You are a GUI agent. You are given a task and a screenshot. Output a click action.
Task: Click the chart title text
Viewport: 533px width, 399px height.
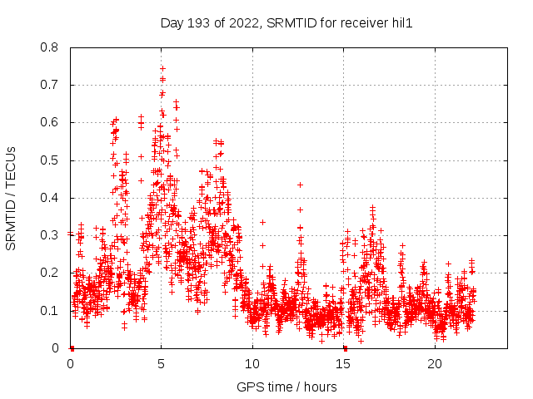[286, 23]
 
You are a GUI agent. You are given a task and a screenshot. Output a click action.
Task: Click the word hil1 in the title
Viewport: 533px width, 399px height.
[401, 23]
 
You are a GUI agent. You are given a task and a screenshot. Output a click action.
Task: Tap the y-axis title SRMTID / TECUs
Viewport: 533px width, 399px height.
[12, 198]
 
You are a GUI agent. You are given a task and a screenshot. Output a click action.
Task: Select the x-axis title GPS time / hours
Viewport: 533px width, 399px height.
[286, 387]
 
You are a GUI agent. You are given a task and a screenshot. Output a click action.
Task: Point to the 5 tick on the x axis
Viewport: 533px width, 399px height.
[162, 364]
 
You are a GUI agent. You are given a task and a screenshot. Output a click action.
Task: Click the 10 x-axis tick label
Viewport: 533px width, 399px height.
[252, 364]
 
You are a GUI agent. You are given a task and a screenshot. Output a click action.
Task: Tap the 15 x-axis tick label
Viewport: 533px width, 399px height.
[344, 364]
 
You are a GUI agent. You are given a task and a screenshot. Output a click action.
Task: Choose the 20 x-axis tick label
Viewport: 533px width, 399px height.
[435, 364]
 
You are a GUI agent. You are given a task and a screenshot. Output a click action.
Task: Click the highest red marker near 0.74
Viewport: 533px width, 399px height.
[162, 69]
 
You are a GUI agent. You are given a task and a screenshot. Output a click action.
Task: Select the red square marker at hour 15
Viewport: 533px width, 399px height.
[345, 347]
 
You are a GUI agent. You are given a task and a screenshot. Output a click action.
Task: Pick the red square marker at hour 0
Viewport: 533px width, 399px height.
[72, 347]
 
